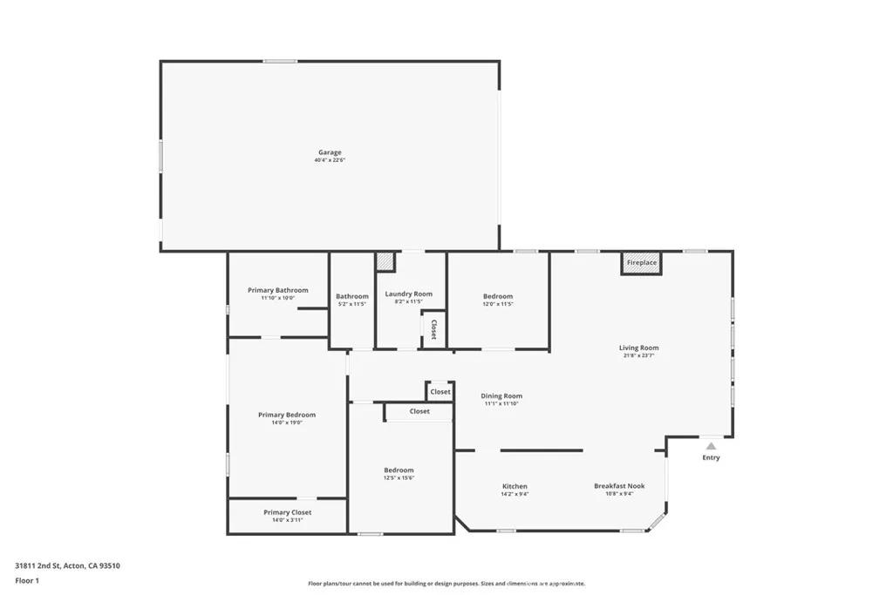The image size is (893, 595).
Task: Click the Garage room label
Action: click(330, 152)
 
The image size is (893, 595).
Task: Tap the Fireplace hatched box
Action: click(641, 262)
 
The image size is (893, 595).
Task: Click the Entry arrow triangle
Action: click(711, 446)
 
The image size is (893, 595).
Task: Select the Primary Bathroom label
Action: click(277, 290)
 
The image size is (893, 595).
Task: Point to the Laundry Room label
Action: click(408, 294)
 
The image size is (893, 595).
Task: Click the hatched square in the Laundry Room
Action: click(385, 261)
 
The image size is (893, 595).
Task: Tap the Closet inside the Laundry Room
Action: click(433, 330)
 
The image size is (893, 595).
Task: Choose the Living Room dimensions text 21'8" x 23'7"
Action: click(639, 355)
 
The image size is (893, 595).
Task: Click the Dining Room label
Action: click(502, 396)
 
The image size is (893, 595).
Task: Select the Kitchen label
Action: click(515, 486)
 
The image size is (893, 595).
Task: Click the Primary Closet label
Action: click(287, 512)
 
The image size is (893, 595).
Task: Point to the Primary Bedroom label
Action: click(287, 415)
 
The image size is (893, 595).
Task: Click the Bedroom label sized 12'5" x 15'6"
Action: click(399, 470)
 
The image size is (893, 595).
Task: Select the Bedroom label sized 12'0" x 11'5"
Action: click(498, 296)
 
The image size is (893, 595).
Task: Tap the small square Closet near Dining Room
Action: click(440, 392)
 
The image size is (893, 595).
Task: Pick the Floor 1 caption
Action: click(27, 579)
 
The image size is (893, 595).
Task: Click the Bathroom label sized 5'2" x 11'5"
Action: click(352, 296)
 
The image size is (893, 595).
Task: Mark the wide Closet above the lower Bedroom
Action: click(419, 411)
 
